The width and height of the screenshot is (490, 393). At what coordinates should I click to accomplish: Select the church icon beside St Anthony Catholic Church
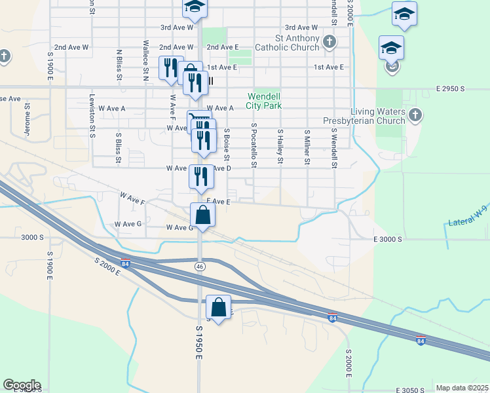(330, 43)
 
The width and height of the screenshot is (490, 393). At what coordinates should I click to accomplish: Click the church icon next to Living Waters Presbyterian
(415, 116)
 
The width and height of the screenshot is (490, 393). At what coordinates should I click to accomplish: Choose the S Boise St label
(227, 144)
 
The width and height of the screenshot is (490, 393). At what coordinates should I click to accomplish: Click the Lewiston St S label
(92, 116)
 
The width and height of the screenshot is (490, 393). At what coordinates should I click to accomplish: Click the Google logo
(22, 385)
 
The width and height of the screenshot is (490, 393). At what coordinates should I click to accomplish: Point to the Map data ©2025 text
(462, 388)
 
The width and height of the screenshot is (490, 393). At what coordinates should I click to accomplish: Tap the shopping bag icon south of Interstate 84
(218, 307)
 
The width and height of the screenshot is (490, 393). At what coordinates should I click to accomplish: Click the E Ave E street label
(218, 202)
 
